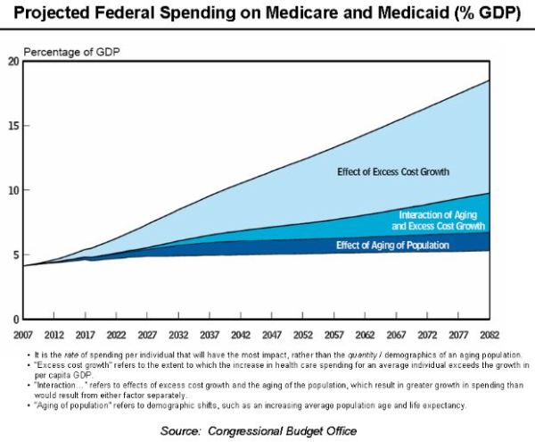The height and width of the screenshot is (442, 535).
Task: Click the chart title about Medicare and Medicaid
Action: [267, 13]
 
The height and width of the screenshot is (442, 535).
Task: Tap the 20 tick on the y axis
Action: [12, 61]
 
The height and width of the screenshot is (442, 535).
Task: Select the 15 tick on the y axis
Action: [12, 125]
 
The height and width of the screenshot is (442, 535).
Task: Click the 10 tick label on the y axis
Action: [12, 190]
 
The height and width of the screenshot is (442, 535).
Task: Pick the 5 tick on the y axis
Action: [14, 254]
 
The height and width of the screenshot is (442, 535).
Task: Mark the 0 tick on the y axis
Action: [14, 319]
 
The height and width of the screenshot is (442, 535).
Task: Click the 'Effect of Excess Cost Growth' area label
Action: [392, 171]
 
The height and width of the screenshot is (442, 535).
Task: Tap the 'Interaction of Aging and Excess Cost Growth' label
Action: [441, 221]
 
